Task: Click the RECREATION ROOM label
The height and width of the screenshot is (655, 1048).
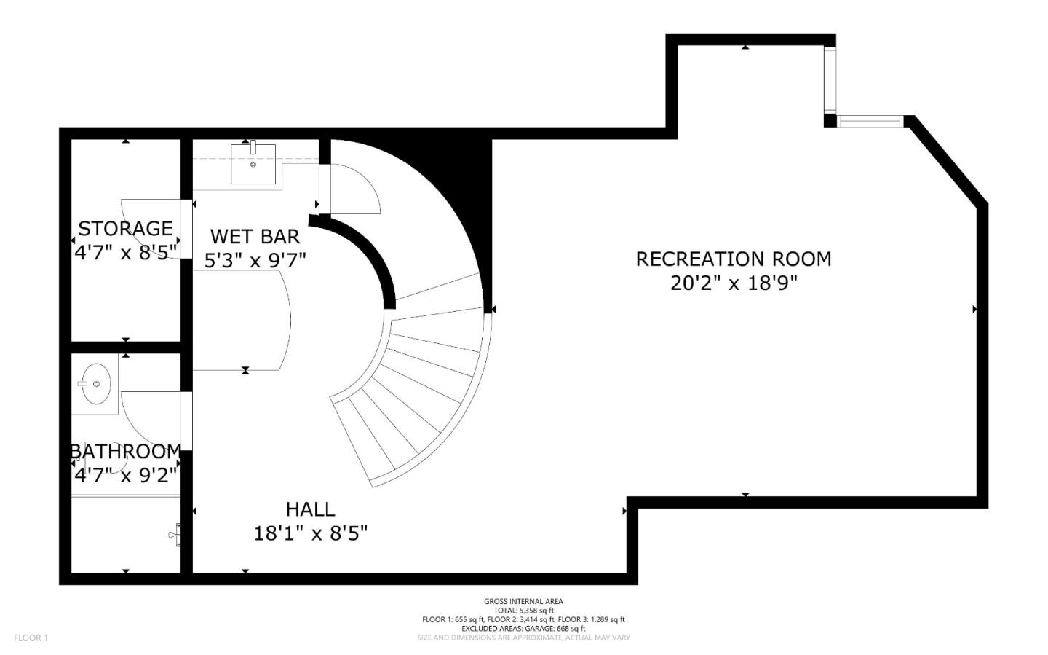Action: [x=733, y=259]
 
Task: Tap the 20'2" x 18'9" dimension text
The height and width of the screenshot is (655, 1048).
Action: [x=733, y=283]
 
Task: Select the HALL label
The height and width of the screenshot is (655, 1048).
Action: [x=310, y=509]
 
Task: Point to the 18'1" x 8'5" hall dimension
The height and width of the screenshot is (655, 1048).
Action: [x=310, y=533]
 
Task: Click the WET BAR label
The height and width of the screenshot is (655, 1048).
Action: [x=255, y=236]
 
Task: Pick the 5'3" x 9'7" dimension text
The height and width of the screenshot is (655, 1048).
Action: [x=255, y=260]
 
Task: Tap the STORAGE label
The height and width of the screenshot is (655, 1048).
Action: [x=125, y=228]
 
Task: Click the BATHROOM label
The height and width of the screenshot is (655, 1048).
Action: [x=125, y=451]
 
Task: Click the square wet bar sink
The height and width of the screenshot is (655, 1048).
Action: [x=253, y=163]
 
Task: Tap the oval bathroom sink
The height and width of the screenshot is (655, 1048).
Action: [x=95, y=383]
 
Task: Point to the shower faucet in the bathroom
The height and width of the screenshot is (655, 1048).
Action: [x=175, y=536]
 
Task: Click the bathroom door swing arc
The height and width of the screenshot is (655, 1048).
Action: [x=149, y=419]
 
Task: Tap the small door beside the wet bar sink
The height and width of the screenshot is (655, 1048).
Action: [x=353, y=189]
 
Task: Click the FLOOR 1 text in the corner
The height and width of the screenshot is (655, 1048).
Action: [x=31, y=638]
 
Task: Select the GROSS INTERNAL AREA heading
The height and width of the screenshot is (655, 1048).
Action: [x=523, y=601]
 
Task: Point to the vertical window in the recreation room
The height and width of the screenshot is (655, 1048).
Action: [x=830, y=80]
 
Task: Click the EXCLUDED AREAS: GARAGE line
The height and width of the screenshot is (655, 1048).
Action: [x=523, y=628]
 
